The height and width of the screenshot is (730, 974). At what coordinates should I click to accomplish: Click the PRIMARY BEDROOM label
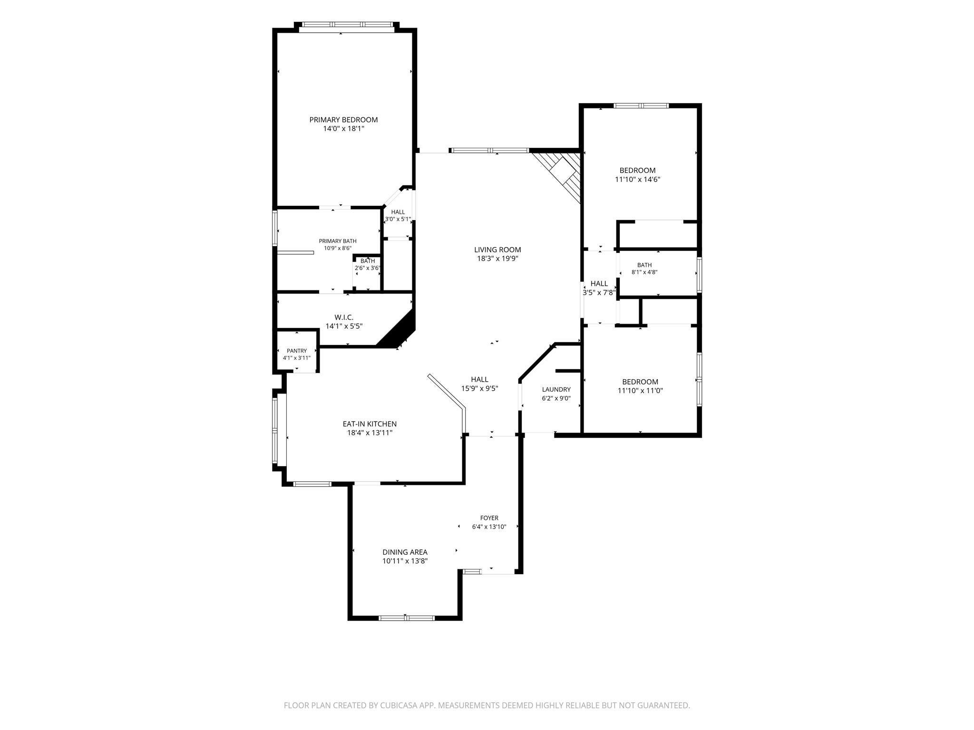tap(343, 120)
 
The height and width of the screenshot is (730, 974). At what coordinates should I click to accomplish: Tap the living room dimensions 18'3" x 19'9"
tap(497, 259)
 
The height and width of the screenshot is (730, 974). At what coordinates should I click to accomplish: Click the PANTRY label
tap(297, 351)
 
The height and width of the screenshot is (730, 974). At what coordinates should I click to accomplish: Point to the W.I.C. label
tap(344, 317)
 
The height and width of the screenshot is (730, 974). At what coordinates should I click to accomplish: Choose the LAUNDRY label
tap(556, 390)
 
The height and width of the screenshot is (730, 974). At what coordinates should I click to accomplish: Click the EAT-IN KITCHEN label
tap(370, 424)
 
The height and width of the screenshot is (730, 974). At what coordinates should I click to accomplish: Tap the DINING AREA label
tap(405, 552)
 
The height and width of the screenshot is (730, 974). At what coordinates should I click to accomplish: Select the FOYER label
tap(489, 518)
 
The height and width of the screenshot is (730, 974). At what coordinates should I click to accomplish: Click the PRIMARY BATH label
tap(338, 241)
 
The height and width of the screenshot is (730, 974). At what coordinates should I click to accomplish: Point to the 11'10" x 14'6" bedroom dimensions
tap(637, 179)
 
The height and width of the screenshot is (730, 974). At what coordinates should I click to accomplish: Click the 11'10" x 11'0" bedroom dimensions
tap(640, 391)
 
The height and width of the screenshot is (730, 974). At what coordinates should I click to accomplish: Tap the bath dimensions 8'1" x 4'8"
tap(644, 272)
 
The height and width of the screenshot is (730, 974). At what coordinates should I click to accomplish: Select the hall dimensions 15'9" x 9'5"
tap(479, 388)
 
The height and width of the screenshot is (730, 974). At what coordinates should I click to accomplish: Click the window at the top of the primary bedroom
tap(347, 25)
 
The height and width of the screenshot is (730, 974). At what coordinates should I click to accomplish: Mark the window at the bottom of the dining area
tap(407, 618)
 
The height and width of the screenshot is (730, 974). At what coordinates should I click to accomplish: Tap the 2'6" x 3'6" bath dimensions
tap(368, 268)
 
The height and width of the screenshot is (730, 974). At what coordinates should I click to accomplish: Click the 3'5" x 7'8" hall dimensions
tap(599, 293)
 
